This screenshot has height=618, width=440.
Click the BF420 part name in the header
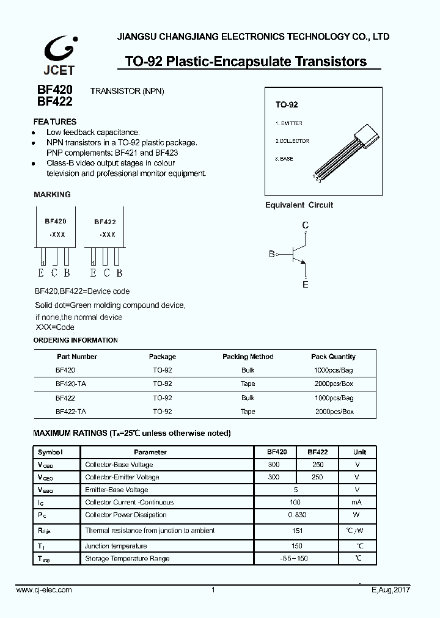pyautogui.click(x=55, y=90)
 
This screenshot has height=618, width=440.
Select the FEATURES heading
pyautogui.click(x=55, y=122)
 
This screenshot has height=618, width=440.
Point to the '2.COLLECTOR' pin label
pyautogui.click(x=292, y=141)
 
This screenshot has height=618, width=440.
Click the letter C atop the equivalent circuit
pyautogui.click(x=306, y=225)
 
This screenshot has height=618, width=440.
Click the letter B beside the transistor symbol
pyautogui.click(x=272, y=254)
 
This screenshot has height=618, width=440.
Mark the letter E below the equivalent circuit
pyautogui.click(x=306, y=285)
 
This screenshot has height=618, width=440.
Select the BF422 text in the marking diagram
pyautogui.click(x=105, y=223)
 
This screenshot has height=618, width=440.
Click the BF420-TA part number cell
pyautogui.click(x=70, y=384)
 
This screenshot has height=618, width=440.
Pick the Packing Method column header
pyautogui.click(x=248, y=357)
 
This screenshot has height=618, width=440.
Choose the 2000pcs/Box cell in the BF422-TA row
pyautogui.click(x=334, y=412)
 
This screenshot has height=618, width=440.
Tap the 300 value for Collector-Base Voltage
pyautogui.click(x=274, y=465)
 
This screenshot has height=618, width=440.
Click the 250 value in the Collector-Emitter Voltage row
pyautogui.click(x=317, y=477)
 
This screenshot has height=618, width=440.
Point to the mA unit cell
pyautogui.click(x=357, y=502)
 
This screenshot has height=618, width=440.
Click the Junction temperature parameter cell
pyautogui.click(x=116, y=546)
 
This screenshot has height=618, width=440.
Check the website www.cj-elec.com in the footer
pyautogui.click(x=44, y=590)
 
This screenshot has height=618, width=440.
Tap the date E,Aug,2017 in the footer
pyautogui.click(x=391, y=590)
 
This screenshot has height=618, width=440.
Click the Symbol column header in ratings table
pyautogui.click(x=50, y=452)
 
